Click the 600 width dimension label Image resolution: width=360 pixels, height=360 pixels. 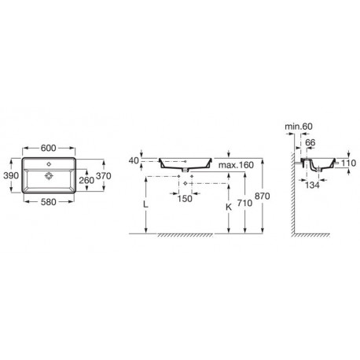pos(49,148)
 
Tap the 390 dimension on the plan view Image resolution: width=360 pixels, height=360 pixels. pos(11,175)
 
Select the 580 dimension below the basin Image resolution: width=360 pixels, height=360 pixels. pos(49,202)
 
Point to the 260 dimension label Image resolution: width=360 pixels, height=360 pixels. pos(86,180)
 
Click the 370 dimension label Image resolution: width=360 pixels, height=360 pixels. pos(104,176)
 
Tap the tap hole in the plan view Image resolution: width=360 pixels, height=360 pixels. pos(49,164)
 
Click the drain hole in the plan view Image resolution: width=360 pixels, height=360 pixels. pos(49,175)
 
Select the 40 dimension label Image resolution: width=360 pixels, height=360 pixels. pos(134,160)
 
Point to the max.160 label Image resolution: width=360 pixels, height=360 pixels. pos(236,165)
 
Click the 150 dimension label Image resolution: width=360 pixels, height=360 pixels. pos(185,199)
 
